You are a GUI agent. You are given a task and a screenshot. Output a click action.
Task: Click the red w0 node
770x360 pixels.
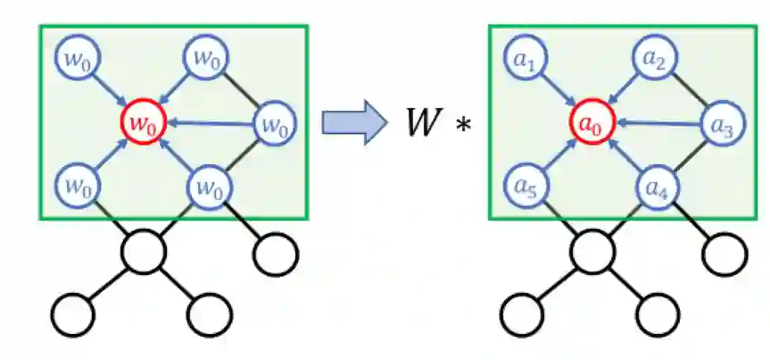tap(142, 122)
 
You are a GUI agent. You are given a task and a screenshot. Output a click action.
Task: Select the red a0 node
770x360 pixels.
tap(592, 122)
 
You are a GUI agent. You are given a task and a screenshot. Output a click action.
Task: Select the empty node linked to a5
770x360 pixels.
tap(593, 252)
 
